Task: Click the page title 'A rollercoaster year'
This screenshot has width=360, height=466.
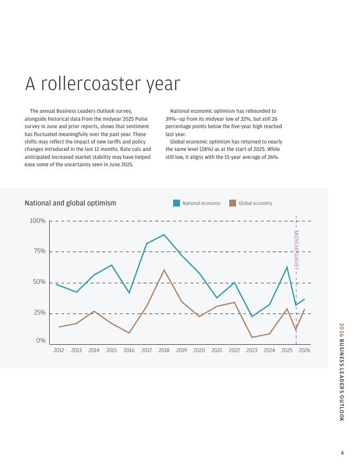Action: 103,84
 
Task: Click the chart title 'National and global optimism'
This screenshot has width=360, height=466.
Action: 70,203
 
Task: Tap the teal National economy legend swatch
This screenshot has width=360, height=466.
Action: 177,203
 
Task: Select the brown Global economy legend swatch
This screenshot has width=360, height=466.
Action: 233,203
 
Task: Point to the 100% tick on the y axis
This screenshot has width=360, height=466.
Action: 38,221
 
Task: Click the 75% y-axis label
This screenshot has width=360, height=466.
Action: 39,252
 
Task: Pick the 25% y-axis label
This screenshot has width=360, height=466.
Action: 39,313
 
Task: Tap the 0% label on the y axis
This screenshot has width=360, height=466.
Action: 41,340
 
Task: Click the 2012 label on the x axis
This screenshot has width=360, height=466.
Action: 59,351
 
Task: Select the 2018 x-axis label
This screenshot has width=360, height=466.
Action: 164,351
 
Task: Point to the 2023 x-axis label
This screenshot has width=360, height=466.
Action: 251,351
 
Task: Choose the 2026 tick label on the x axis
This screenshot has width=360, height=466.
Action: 304,351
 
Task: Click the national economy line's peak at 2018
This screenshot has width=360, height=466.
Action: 164,235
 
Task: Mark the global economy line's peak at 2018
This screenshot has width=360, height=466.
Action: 164,270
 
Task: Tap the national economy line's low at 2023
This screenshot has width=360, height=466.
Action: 251,317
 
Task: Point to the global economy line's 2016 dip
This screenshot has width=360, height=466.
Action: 129,333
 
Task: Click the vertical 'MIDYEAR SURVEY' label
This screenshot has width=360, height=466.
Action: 296,250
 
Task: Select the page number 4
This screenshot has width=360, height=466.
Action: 342,453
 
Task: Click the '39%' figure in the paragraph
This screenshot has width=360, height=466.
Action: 170,119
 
